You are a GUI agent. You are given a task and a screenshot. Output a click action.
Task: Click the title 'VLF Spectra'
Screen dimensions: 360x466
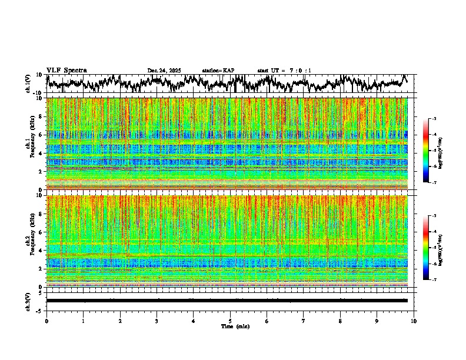point(66,71)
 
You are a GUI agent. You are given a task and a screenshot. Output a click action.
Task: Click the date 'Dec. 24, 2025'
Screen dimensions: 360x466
point(164,71)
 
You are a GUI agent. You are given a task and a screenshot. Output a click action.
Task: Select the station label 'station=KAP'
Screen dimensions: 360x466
point(218,71)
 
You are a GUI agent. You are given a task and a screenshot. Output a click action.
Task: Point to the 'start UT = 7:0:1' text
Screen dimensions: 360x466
point(284,71)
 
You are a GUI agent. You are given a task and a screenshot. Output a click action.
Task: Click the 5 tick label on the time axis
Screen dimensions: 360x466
point(230,321)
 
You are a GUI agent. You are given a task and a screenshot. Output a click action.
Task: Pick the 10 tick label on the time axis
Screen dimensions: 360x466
point(414,321)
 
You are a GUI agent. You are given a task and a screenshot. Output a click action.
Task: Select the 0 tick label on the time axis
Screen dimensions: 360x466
point(46,321)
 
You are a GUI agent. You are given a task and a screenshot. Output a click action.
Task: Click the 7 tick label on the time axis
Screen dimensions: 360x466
point(304,321)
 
